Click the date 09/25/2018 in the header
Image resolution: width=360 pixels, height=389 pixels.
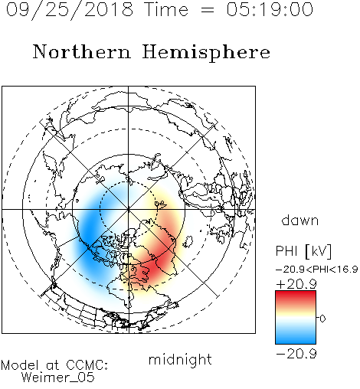coord(70,10)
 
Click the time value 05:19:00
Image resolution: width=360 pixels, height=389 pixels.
coord(270,9)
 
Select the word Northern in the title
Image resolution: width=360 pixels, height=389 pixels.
coord(82,51)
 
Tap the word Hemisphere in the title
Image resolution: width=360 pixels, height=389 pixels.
coord(206,53)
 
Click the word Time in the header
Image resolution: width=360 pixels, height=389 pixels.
coord(166,9)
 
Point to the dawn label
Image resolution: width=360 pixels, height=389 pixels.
coord(300,220)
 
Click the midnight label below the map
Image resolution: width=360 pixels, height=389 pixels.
coord(180,360)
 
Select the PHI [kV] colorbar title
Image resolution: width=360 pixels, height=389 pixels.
coord(303,251)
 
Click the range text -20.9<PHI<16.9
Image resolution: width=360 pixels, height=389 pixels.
coord(317,270)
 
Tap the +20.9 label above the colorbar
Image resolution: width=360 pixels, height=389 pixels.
coord(296,284)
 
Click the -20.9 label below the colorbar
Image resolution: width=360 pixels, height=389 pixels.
coord(296,354)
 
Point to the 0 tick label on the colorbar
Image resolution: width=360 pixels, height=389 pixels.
coord(322,319)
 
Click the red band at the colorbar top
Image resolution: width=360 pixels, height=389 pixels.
coord(296,296)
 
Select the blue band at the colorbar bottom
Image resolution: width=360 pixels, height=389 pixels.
coord(296,338)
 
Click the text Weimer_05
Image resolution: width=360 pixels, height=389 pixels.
coord(57,378)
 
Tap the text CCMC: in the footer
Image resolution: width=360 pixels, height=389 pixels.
coord(87,365)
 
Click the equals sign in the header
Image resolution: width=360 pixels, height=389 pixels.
coord(208,10)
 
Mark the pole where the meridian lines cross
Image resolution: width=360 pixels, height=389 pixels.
coord(129,209)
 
